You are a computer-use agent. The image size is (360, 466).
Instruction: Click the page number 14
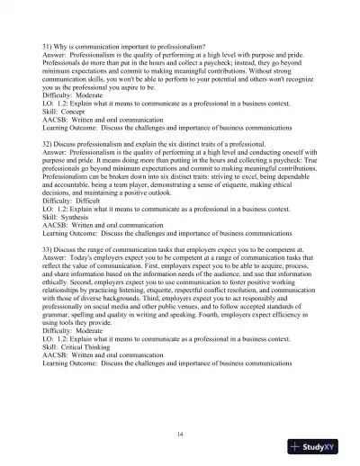(180, 434)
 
